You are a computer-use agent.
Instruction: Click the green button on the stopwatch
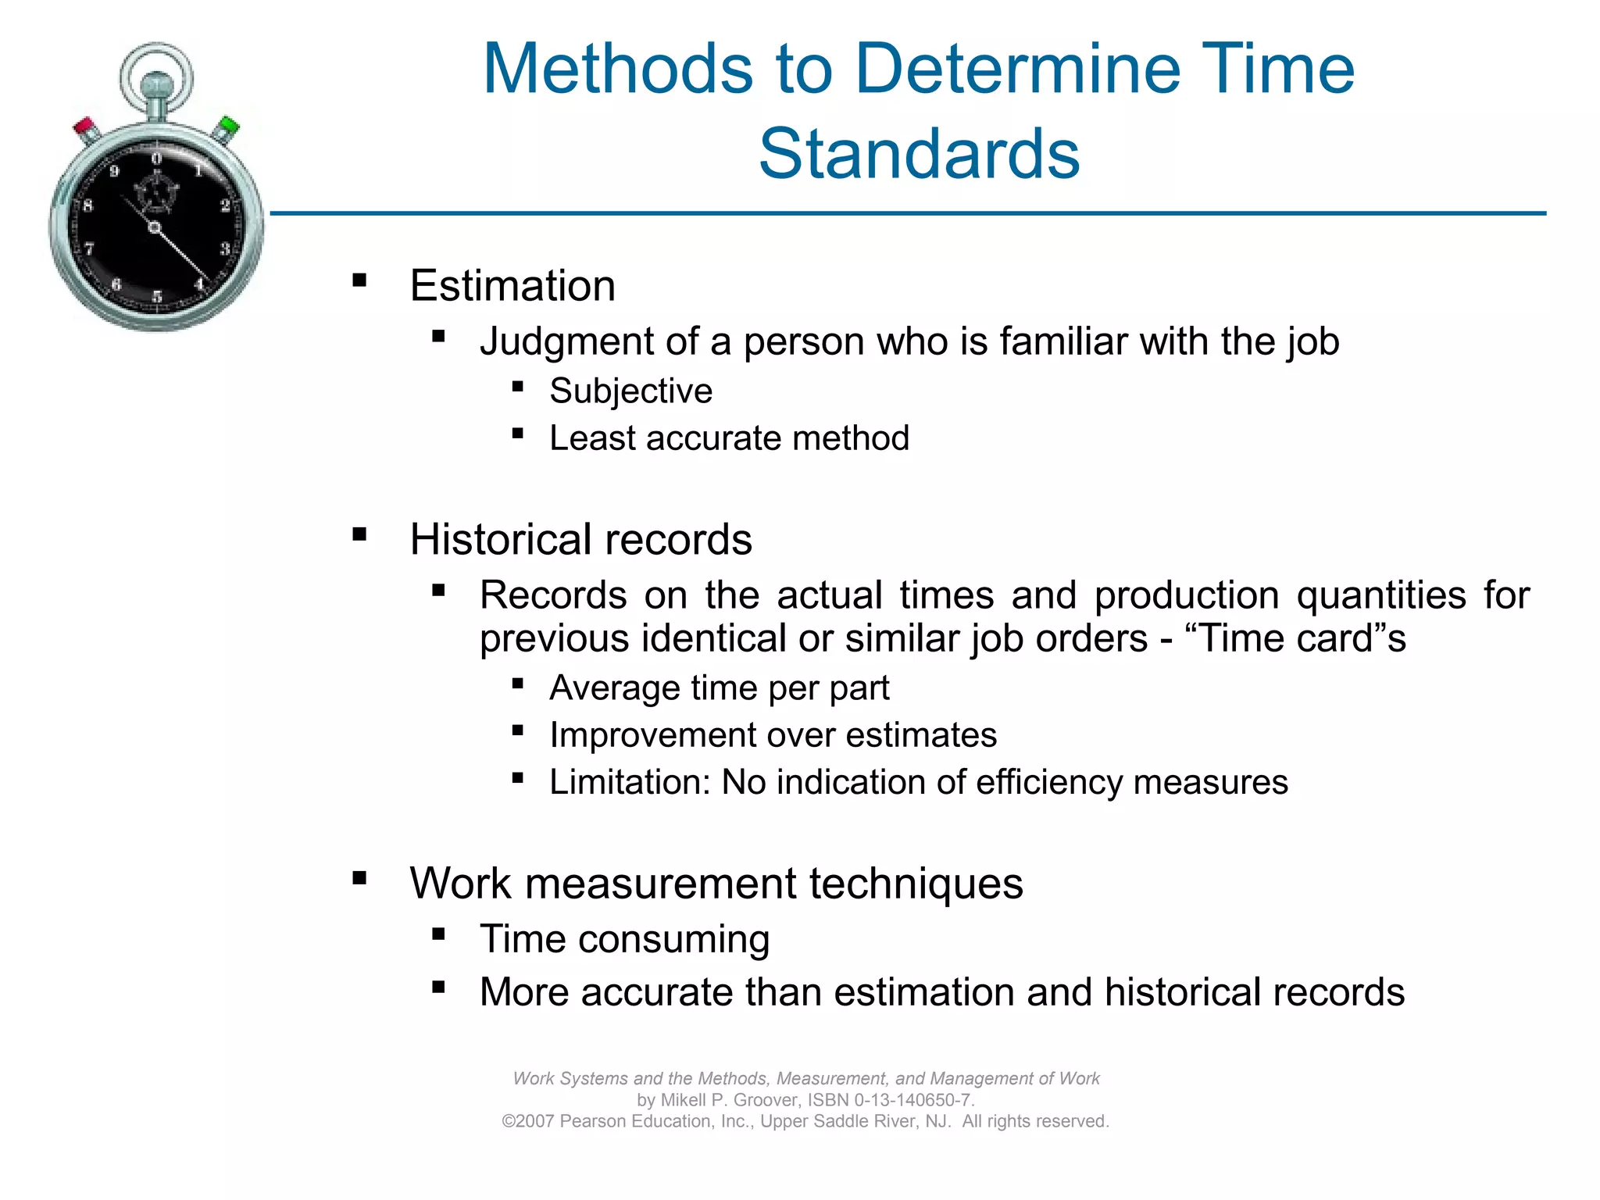[229, 125]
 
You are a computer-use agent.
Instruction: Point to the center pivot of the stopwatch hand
[154, 227]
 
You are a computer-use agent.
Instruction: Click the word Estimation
[512, 285]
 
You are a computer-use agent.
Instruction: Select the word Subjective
[630, 391]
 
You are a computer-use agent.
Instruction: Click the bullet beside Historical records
[359, 535]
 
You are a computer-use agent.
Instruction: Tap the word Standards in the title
[919, 153]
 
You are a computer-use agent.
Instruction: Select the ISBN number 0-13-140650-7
[913, 1100]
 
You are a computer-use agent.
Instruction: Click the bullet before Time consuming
[438, 934]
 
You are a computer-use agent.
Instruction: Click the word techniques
[916, 884]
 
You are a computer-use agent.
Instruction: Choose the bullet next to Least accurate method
[517, 434]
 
